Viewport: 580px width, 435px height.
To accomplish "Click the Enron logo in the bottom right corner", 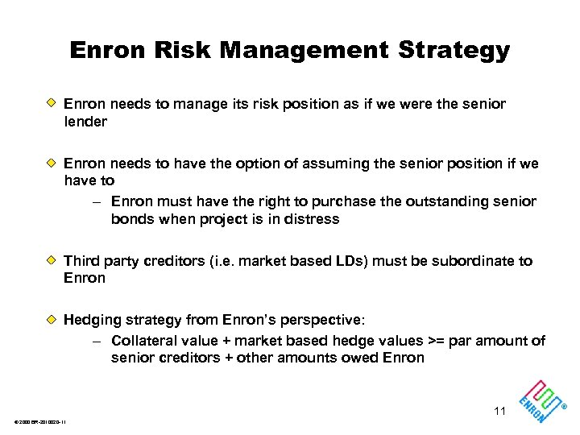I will (x=541, y=397).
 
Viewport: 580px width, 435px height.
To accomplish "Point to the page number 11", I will (x=499, y=411).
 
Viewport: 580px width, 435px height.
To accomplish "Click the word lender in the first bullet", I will (x=85, y=122).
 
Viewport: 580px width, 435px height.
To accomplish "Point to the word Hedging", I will (x=91, y=321).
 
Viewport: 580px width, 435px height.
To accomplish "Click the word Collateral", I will (x=142, y=341).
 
